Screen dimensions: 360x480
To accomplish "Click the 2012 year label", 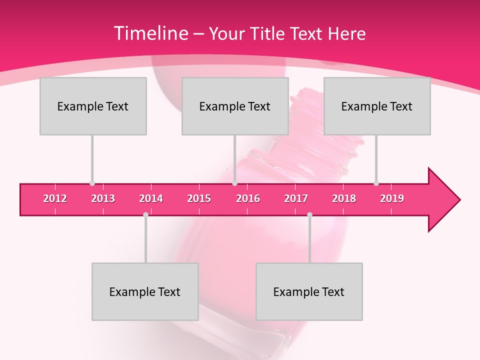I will click(55, 198).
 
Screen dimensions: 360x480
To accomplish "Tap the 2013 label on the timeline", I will click(103, 198).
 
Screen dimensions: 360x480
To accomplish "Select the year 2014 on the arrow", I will click(151, 198).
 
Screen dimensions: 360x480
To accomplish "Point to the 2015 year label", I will click(199, 198).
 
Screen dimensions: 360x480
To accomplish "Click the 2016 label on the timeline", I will click(248, 198).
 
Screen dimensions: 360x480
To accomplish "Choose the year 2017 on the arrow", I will click(296, 198).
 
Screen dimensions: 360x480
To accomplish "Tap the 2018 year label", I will click(344, 198).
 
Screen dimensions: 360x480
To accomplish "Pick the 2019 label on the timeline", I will click(392, 198).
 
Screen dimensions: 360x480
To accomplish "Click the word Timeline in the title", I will click(150, 33).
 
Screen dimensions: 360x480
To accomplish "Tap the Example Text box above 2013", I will click(93, 106).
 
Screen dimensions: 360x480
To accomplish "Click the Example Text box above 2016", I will click(235, 106).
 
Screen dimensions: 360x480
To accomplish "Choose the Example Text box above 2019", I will click(377, 106).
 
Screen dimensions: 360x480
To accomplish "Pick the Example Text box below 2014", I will click(145, 291).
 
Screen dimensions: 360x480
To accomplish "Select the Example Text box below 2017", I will click(309, 291).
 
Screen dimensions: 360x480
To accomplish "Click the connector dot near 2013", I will click(92, 183).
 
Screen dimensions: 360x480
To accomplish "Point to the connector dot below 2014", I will click(145, 214).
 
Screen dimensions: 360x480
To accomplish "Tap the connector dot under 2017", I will click(309, 214).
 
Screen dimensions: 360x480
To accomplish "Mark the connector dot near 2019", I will click(376, 183).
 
